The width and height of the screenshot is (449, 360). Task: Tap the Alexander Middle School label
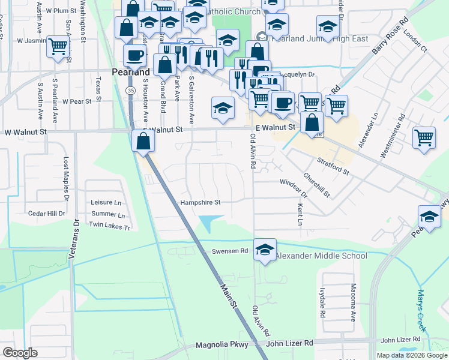[x=321, y=256]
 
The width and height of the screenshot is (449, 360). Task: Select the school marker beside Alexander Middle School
[x=265, y=248]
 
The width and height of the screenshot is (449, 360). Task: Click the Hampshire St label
[x=201, y=203]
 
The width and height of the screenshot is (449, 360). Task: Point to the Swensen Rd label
[x=229, y=251]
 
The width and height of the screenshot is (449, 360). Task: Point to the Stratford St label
[x=334, y=167]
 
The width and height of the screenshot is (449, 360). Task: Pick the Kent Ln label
[x=300, y=214]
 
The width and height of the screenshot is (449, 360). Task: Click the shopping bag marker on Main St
[x=143, y=142]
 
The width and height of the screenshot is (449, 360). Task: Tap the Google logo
[x=20, y=353]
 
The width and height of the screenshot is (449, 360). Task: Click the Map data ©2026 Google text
[x=411, y=355]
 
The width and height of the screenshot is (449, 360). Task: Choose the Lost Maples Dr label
[x=66, y=179]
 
